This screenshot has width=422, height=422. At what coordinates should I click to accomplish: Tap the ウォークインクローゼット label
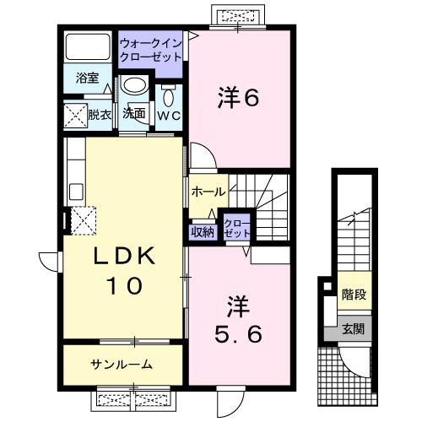tap(151, 50)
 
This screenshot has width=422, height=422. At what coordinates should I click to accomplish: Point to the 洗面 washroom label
tap(133, 113)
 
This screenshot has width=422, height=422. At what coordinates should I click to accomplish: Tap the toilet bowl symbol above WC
tap(167, 89)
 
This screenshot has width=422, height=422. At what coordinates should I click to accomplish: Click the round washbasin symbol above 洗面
tap(132, 86)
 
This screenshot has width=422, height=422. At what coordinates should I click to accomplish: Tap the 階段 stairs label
tap(353, 295)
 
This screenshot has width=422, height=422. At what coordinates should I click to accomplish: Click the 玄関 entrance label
tap(353, 330)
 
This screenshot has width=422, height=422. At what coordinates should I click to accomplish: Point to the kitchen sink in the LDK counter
tap(73, 187)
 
